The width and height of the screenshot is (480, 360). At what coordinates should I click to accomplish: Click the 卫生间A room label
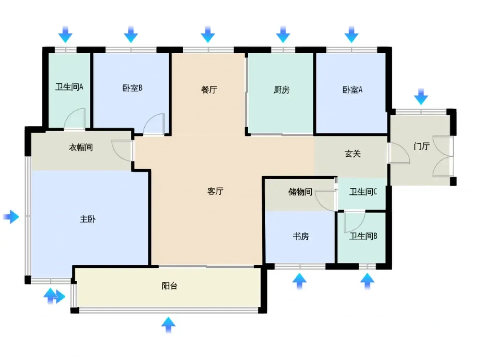click(x=69, y=87)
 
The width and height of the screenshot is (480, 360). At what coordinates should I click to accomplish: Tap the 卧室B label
click(x=132, y=88)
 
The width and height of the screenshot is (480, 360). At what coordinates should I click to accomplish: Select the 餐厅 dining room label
click(x=209, y=89)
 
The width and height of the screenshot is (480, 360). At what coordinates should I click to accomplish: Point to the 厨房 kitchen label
click(x=281, y=89)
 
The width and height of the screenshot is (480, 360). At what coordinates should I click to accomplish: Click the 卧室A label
click(x=352, y=89)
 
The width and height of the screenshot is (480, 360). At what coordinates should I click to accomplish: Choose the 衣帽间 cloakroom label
click(x=81, y=147)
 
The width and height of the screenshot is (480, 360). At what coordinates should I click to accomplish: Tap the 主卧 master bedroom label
click(x=87, y=219)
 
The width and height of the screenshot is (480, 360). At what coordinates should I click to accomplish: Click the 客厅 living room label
click(x=215, y=191)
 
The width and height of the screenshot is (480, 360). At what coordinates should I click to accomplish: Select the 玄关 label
click(x=352, y=154)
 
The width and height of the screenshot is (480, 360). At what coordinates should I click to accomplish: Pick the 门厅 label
click(x=422, y=146)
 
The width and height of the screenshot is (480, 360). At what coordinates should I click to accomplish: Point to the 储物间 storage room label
click(x=300, y=192)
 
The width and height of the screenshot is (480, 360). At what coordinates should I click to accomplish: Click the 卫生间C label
click(x=363, y=192)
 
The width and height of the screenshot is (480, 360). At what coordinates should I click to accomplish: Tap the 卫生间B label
click(x=363, y=236)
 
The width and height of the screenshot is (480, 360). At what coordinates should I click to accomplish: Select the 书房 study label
click(x=301, y=236)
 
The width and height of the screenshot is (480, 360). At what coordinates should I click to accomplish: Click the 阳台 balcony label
click(x=169, y=286)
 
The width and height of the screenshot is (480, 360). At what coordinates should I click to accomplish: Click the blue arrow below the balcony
click(x=168, y=325)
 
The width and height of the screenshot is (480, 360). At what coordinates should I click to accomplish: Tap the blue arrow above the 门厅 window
click(x=421, y=96)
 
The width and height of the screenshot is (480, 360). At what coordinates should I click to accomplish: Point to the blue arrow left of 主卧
click(x=11, y=217)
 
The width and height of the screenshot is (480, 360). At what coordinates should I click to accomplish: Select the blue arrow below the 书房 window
click(x=299, y=281)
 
